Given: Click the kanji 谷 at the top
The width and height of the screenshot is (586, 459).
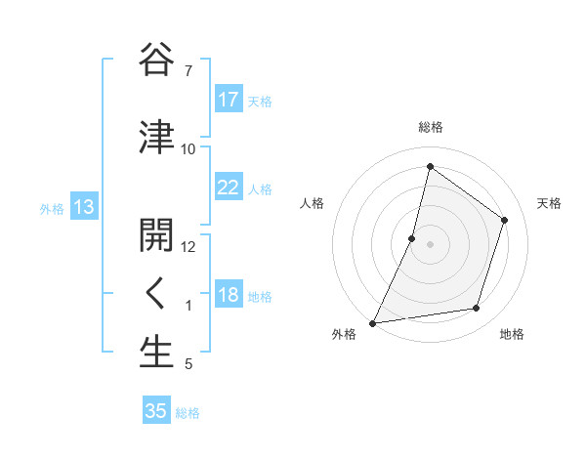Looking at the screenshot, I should pos(157,61).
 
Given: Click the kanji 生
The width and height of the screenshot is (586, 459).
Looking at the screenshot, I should pos(157,353).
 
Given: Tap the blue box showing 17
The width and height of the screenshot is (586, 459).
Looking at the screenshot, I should pos(229,100).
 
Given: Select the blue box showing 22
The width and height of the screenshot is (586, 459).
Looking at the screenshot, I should pos(229,188).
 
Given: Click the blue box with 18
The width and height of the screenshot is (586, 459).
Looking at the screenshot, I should pos(229,295).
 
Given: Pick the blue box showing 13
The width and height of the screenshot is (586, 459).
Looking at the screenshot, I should pos(84,207).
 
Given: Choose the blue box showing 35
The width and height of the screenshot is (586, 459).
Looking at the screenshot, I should pos(156,411).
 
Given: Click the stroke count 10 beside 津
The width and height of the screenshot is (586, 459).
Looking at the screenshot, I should pos(188,148).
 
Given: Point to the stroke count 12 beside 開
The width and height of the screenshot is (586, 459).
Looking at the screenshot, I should pos(188,247).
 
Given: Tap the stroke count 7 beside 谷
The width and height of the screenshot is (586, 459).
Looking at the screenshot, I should pos(188,71).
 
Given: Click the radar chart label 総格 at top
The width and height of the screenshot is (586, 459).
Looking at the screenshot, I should pos(431,127).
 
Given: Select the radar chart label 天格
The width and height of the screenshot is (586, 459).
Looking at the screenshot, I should pos(549,203).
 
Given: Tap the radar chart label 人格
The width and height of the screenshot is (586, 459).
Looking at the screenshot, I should pos(312,203).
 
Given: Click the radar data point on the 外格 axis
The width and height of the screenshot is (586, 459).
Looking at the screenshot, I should pos(372,323).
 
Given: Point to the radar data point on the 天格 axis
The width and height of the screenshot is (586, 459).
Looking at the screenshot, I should pos(505,220).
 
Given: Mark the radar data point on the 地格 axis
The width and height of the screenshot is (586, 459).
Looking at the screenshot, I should pos(477,309).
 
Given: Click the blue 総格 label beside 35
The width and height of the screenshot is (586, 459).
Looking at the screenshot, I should pos(188,413).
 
